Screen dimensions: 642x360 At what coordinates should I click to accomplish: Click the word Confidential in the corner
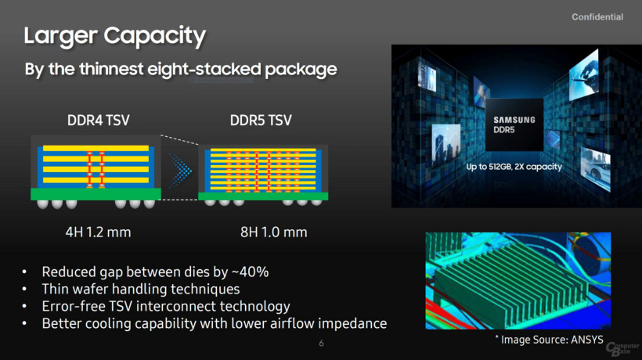click(x=597, y=16)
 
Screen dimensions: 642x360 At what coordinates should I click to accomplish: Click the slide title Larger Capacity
click(x=115, y=35)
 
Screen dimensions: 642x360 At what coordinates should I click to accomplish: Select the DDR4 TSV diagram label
click(x=99, y=121)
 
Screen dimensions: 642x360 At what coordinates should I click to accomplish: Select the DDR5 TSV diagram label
click(x=261, y=121)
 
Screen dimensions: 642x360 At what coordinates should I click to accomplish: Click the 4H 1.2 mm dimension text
click(x=99, y=232)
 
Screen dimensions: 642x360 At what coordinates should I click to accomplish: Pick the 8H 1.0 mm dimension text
click(x=273, y=232)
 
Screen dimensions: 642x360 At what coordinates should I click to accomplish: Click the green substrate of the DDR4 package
click(x=96, y=194)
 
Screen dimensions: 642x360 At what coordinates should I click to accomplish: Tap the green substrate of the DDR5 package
click(x=263, y=196)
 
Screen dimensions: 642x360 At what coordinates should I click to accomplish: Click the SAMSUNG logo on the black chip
click(x=514, y=120)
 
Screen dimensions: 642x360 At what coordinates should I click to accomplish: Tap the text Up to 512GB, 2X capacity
click(x=514, y=167)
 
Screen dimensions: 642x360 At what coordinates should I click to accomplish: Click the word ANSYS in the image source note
click(x=586, y=340)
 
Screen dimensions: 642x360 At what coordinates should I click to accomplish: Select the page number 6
click(x=322, y=344)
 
